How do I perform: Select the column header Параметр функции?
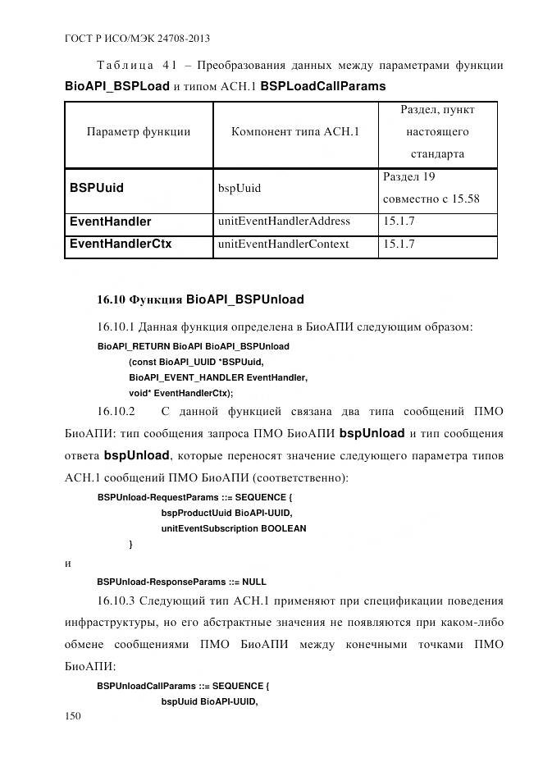tap(139, 131)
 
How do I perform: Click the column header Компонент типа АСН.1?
tap(295, 131)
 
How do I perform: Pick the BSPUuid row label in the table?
tap(97, 188)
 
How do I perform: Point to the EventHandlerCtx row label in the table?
tap(121, 244)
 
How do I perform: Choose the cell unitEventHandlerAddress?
tap(284, 221)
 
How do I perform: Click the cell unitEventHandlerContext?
tap(283, 244)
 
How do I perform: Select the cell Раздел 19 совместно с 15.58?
tap(431, 188)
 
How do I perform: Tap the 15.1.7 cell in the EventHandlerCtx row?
tap(399, 244)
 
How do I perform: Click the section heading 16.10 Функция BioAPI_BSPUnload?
tap(200, 299)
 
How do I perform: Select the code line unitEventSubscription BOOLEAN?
tap(234, 528)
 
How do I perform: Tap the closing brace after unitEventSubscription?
tap(131, 544)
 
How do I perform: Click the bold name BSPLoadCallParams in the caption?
tap(322, 85)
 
